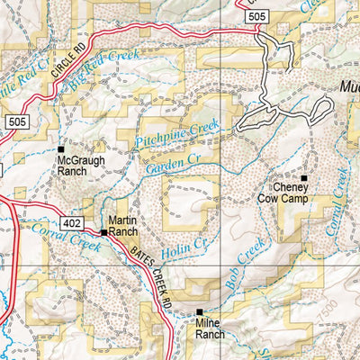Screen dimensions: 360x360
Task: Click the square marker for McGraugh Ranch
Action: (61, 148)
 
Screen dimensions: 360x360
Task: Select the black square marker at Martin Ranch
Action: (104, 232)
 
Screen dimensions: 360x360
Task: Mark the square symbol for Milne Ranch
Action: (200, 312)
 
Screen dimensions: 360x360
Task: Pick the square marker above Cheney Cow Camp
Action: (304, 178)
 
